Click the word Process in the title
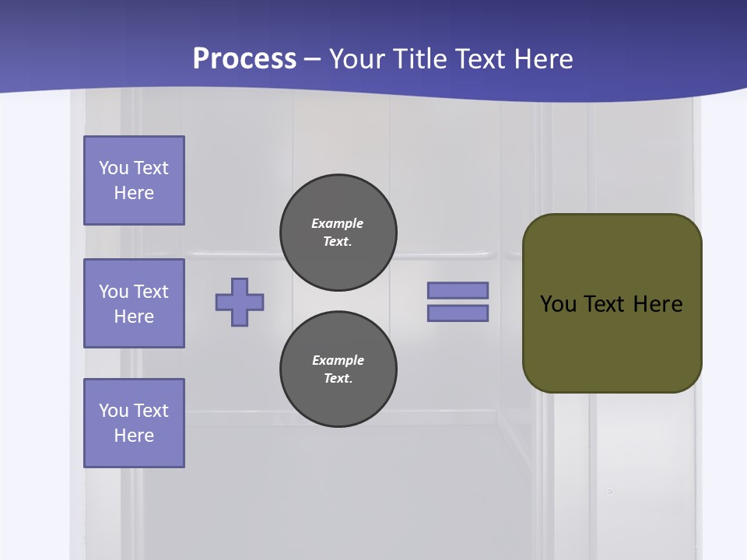pos(244,58)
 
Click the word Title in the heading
pos(419,58)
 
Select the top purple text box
pos(134,180)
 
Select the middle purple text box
pos(134,303)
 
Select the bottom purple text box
pos(134,423)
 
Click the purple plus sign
pos(240,302)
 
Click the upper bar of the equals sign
pos(458,290)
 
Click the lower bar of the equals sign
pos(458,313)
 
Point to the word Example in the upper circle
pos(337,223)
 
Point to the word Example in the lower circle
pos(338,360)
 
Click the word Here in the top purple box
pos(134,193)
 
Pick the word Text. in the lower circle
pos(338,379)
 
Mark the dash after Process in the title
pos(313,60)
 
